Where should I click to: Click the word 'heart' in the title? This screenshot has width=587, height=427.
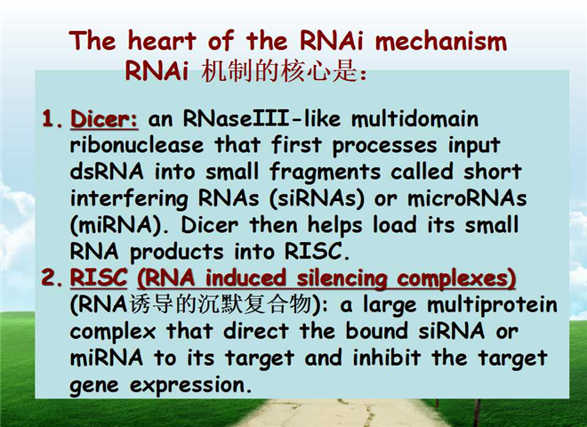pos(161,40)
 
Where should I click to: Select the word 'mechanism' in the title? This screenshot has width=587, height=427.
pos(441,40)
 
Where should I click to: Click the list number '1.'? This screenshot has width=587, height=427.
pos(52,118)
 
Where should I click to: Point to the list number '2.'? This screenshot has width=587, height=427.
pos(52,278)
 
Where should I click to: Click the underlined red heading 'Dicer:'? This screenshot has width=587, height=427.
pos(104,119)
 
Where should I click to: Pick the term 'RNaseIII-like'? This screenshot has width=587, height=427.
pos(262,118)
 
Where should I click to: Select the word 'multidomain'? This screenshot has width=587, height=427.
pos(414,118)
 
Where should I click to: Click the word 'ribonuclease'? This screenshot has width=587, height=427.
pos(137,145)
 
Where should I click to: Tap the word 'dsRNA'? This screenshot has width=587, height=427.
pos(107,172)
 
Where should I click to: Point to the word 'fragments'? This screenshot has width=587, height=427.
pos(325,173)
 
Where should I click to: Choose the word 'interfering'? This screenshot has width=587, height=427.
pos(129,199)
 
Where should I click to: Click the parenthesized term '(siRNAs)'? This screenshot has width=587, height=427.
pos(317,198)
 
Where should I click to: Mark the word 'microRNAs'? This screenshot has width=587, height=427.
pos(467,198)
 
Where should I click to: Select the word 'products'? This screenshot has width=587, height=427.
pos(177,253)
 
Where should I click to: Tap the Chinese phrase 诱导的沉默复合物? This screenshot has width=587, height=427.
pos(221,304)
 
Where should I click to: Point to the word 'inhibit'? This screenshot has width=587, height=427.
pos(387,358)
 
